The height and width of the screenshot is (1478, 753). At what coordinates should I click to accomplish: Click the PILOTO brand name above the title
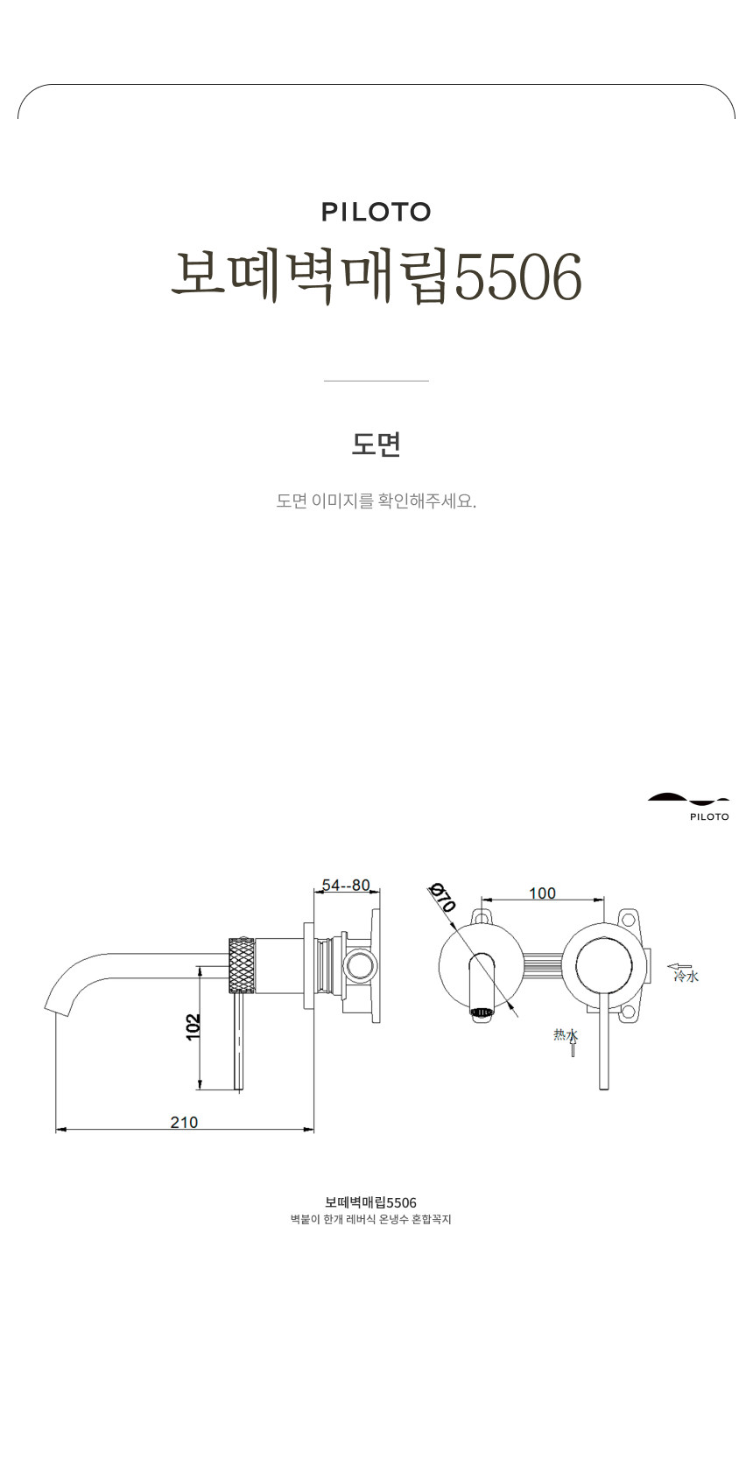[376, 212]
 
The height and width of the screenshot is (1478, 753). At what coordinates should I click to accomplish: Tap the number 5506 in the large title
[519, 277]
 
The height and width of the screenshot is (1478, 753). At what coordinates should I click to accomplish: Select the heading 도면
[376, 444]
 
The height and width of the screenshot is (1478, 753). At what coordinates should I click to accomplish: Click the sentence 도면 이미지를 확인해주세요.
[376, 501]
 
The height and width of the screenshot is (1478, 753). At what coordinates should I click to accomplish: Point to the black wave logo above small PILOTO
[687, 798]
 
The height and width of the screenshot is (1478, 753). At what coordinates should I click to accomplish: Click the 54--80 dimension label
[346, 885]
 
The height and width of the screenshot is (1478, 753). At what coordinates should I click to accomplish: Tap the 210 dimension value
[184, 1122]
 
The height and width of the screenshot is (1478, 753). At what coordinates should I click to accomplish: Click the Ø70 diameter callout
[442, 898]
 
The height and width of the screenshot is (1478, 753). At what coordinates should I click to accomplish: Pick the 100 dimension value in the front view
[542, 893]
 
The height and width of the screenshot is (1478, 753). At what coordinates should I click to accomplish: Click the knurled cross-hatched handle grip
[242, 965]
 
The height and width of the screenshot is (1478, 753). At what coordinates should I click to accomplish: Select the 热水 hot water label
[566, 1034]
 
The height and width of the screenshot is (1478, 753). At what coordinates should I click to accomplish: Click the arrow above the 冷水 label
[679, 966]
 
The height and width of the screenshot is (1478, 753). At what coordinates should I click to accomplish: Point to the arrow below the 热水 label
[573, 1049]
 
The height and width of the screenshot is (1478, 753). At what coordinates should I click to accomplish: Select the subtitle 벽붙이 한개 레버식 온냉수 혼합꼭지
[370, 1219]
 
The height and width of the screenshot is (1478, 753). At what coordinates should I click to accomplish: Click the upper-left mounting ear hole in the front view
[481, 916]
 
